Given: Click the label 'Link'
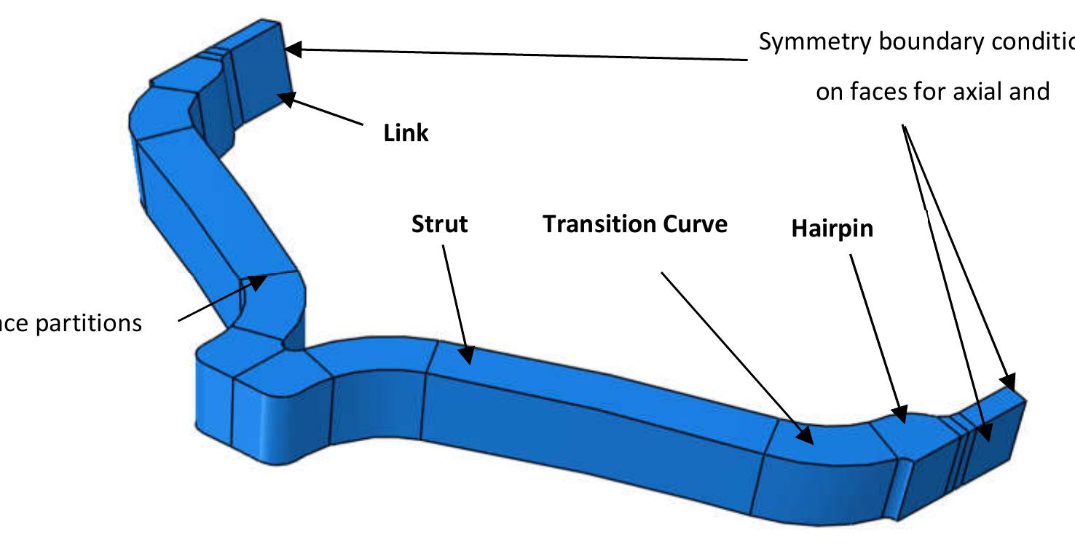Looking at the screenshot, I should [x=406, y=133].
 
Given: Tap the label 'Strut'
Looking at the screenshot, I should [x=439, y=223].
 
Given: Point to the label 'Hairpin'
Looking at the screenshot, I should [x=832, y=229].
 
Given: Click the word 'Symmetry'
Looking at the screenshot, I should [x=815, y=42].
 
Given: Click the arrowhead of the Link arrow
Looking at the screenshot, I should [x=287, y=98].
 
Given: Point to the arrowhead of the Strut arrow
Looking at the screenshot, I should [x=466, y=356].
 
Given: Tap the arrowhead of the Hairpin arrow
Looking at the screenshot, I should [x=902, y=416].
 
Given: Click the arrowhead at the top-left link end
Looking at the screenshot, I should [x=292, y=49].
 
